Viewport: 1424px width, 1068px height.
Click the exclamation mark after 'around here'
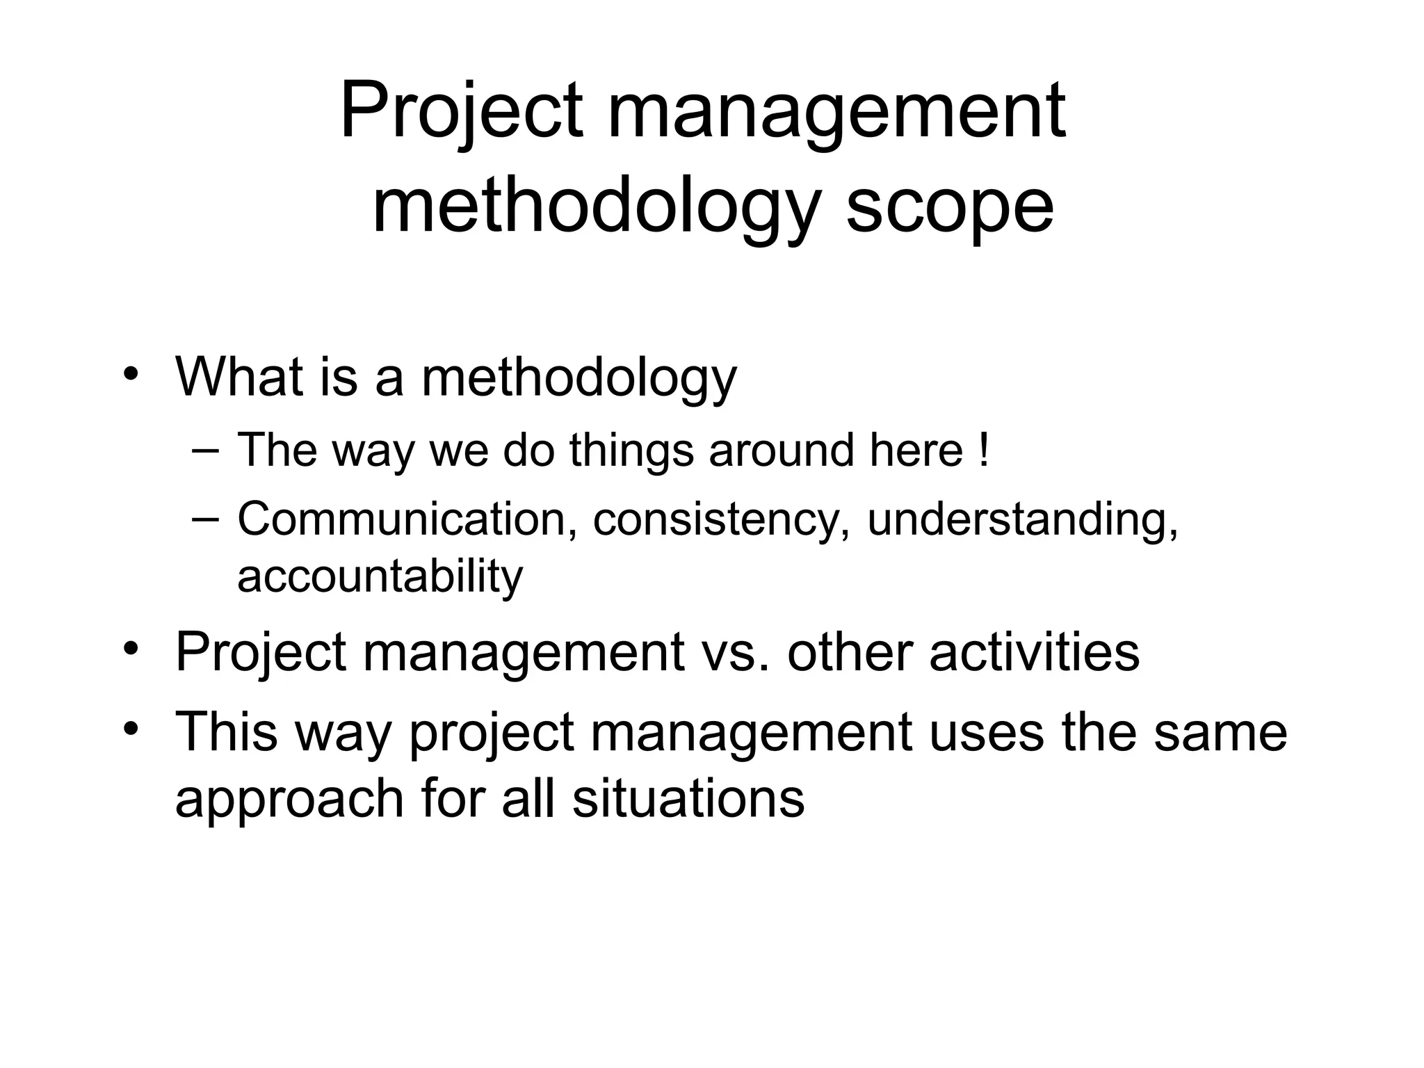982,450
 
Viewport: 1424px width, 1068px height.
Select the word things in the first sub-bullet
631,450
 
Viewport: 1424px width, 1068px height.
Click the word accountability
380,576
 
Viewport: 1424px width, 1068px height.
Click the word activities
1034,652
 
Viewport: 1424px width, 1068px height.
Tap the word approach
289,798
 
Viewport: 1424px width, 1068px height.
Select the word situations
688,798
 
